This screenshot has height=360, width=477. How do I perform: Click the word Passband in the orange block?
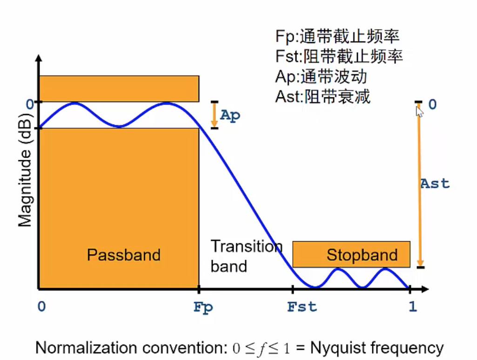(x=123, y=255)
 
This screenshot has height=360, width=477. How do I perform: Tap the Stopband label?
(x=362, y=255)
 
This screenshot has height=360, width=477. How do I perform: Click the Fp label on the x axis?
(x=203, y=308)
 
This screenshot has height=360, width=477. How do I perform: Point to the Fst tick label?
(x=302, y=307)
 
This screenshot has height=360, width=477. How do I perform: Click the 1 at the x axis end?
(x=412, y=307)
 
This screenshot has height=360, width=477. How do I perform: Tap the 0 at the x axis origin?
(x=42, y=307)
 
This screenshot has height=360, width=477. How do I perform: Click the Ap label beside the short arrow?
(x=230, y=115)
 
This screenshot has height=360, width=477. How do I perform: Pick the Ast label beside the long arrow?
(x=435, y=183)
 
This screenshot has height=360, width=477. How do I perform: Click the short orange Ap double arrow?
(x=214, y=115)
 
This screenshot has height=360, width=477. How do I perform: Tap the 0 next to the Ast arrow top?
(x=432, y=104)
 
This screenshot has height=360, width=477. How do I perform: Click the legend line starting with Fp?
(x=337, y=36)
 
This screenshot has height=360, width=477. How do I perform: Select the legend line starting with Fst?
(x=339, y=56)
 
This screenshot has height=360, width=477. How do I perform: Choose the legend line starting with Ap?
(x=321, y=76)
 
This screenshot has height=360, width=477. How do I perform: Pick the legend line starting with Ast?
(x=323, y=96)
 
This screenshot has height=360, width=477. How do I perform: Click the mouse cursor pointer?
(x=419, y=111)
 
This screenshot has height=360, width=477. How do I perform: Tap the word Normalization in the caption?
(x=80, y=348)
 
